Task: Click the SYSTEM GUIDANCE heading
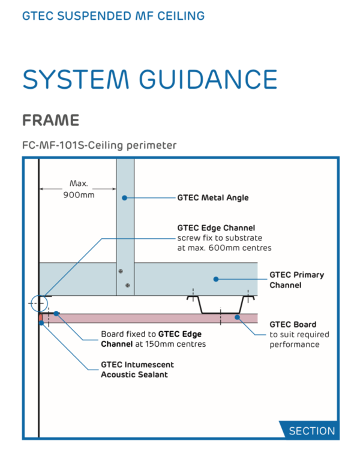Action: [150, 79]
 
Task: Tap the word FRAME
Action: [51, 120]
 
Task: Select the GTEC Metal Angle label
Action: [213, 198]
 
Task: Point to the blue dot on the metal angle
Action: [124, 198]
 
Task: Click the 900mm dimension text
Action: [79, 195]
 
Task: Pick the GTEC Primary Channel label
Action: [296, 280]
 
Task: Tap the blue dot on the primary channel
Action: [216, 279]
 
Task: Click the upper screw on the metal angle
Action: [121, 271]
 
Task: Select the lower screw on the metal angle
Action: [127, 285]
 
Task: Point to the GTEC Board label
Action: [299, 334]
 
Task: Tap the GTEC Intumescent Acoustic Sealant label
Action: [137, 370]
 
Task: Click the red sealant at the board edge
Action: [41, 318]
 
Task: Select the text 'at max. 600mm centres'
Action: [224, 248]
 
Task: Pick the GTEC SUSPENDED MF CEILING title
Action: [113, 16]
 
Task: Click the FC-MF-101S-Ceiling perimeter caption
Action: [100, 145]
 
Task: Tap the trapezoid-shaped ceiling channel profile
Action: [220, 305]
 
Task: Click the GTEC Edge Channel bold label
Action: [216, 228]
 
